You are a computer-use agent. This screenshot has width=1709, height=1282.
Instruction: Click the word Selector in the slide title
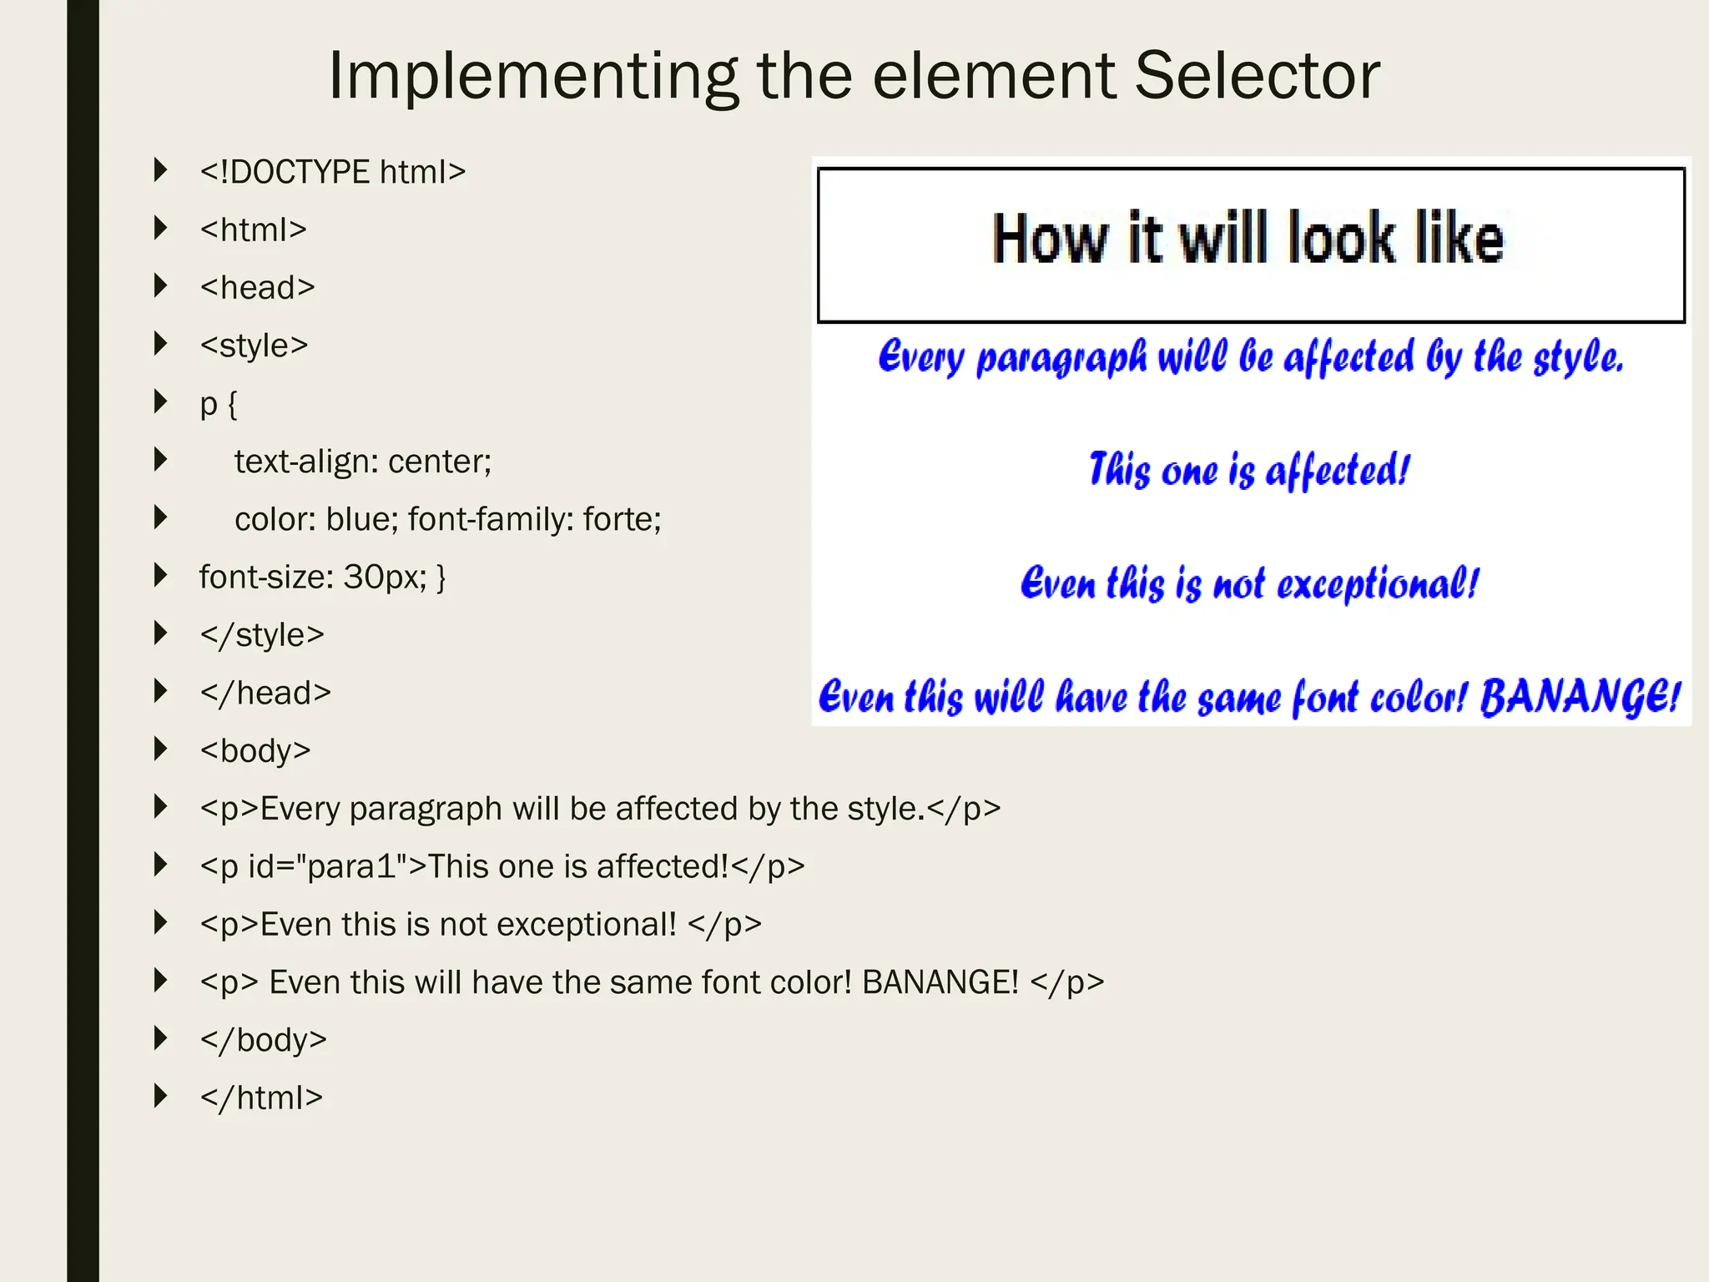(x=1257, y=76)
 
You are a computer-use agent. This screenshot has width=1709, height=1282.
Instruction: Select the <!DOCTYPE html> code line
(x=332, y=172)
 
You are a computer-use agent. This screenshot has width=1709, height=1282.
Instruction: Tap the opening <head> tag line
(x=257, y=288)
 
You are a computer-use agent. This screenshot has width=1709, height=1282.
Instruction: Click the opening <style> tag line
(x=254, y=346)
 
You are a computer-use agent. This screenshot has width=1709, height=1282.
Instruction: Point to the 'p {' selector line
(x=219, y=404)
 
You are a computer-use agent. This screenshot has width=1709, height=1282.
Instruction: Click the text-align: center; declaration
(x=363, y=462)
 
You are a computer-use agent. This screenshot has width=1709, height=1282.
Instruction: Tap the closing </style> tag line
(x=261, y=635)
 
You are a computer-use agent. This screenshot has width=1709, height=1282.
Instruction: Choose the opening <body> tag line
(x=255, y=750)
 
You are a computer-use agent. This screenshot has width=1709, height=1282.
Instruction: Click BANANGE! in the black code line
(x=940, y=982)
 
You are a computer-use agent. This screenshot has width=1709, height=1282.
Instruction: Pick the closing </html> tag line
(x=261, y=1098)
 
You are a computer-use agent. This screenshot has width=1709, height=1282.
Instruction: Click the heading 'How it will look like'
(x=1248, y=239)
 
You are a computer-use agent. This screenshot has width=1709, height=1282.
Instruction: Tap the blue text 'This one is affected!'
(x=1249, y=470)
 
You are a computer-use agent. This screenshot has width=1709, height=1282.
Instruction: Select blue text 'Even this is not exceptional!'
(x=1249, y=583)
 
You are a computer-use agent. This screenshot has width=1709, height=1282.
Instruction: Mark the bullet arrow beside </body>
(x=161, y=1038)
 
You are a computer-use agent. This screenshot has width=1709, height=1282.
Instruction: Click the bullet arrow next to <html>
(x=161, y=228)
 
